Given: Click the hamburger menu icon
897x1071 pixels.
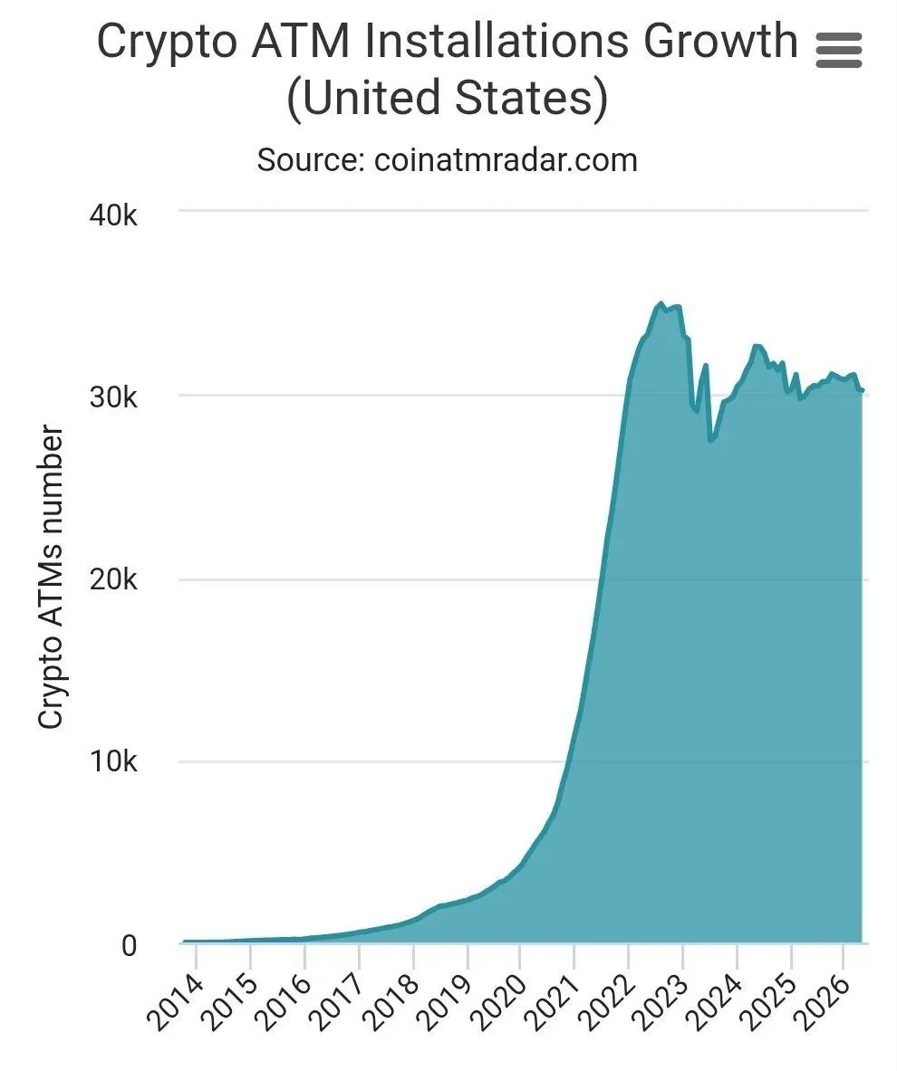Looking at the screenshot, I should (x=839, y=50).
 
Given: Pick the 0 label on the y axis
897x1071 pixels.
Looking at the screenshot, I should (x=128, y=945).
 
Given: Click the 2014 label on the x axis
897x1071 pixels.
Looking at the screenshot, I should (x=175, y=1004).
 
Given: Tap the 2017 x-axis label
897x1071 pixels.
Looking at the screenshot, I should (x=337, y=1004).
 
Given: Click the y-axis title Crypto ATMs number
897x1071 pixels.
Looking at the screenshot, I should (x=52, y=578).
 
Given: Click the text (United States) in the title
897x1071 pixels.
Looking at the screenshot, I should (x=448, y=99).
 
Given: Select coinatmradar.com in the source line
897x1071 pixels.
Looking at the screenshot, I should (x=506, y=160).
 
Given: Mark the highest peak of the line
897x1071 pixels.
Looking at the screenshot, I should (x=661, y=303).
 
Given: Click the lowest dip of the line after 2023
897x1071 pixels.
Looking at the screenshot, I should (x=710, y=441).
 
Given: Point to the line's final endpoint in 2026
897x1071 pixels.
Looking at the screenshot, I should (x=862, y=390).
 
